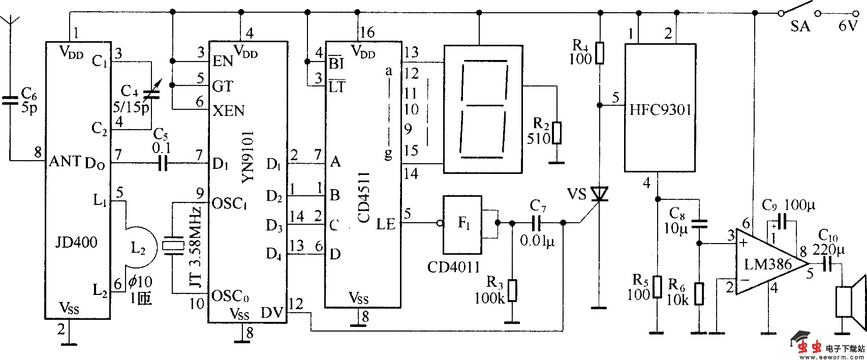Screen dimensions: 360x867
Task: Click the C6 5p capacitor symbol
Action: (9, 101)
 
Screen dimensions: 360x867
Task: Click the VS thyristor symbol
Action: (600, 195)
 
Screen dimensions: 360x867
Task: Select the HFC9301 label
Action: (660, 110)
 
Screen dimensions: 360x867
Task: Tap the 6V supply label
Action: (847, 26)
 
